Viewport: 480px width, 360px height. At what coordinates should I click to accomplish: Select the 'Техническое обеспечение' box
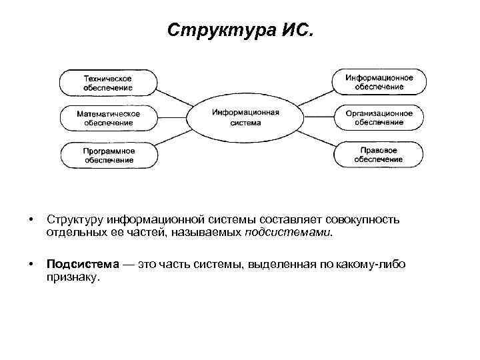click(x=109, y=83)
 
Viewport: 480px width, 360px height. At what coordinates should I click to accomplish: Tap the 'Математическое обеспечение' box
click(x=109, y=118)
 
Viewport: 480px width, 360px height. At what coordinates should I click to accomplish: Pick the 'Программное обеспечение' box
click(x=109, y=155)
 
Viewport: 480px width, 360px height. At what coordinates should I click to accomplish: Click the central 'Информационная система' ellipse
click(x=245, y=117)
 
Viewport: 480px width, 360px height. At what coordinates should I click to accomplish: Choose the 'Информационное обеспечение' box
click(x=379, y=82)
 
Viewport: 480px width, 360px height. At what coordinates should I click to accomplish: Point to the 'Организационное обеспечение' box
click(x=379, y=118)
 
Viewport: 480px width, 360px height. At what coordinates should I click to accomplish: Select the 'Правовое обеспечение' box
click(x=379, y=155)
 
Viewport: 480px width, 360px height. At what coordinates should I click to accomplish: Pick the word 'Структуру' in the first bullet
click(x=75, y=220)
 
